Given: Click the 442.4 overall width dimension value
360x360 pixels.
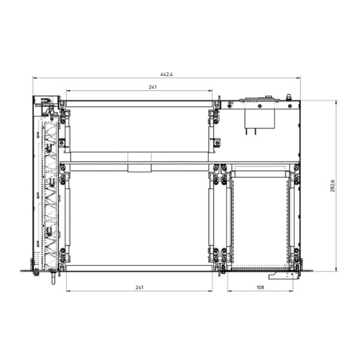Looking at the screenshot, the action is tap(166, 74).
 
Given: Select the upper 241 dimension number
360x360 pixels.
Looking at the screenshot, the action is tap(152, 87).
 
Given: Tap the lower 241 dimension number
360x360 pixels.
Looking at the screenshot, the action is tap(139, 287).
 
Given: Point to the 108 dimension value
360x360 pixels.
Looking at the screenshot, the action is tap(260, 287).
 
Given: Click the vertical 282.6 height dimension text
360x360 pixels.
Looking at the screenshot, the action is tap(333, 185).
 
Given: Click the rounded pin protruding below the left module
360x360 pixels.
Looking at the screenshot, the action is tap(53, 278).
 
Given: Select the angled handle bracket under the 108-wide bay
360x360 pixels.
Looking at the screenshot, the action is tap(284, 276).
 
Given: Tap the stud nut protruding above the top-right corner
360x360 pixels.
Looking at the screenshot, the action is tap(289, 97).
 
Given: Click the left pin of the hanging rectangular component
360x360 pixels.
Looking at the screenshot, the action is tap(247, 131).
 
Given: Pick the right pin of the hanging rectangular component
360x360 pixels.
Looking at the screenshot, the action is tap(256, 131).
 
